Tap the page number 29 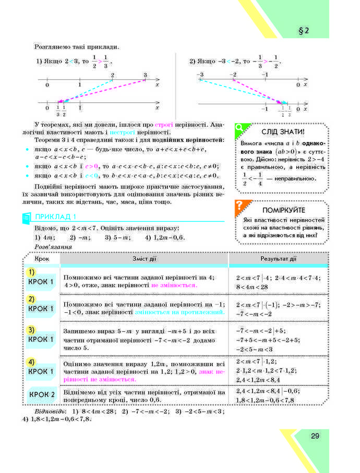314,436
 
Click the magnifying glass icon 240,127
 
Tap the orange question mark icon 240,205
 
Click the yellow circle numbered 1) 32,272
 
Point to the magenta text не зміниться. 174,286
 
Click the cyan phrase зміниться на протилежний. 179,312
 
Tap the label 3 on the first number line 146,76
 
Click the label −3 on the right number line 200,76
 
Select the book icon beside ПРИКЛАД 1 27,218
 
